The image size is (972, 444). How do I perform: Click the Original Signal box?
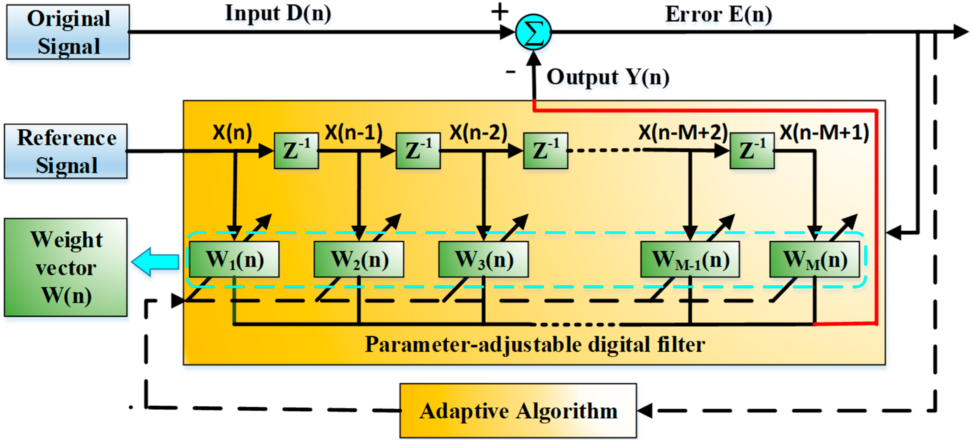click(x=68, y=32)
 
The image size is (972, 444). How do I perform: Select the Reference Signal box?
click(x=66, y=151)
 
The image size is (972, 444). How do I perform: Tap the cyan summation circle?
click(x=533, y=32)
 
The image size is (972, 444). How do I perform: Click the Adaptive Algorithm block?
click(x=518, y=411)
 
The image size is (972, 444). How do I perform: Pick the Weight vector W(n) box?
click(x=66, y=267)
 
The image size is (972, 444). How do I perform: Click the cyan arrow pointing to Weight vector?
click(x=156, y=262)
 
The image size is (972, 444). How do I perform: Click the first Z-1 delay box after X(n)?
click(x=296, y=150)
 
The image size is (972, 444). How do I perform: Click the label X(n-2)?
click(x=478, y=132)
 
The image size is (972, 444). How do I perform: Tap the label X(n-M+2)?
click(x=683, y=132)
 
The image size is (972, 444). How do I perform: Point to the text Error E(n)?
click(x=719, y=14)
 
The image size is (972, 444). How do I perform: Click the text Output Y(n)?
click(x=608, y=77)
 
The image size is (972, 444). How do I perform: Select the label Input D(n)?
click(x=278, y=13)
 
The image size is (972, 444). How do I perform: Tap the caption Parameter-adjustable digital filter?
click(x=535, y=344)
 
